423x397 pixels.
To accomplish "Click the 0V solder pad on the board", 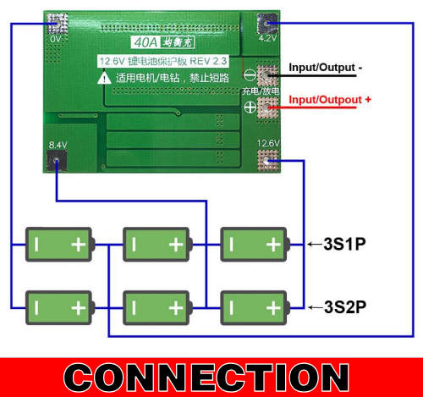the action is pos(58,24).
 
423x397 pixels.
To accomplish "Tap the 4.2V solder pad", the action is pos(267,24).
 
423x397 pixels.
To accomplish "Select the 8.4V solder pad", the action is pos(57,161).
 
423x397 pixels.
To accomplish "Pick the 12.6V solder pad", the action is pos(268,161).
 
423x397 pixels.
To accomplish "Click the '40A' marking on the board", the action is pos(146,42).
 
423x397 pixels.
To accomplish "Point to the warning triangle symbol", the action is pos(104,78).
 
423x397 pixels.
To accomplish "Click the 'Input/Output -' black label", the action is pos(325,68).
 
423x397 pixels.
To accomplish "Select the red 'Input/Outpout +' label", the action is pos(330,100).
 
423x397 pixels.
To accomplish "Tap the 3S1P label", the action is pos(344,244).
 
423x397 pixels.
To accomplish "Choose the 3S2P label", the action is pos(345,307).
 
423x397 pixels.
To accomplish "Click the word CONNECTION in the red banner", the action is pos(206,378).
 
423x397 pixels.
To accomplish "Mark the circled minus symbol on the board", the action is pos(250,75).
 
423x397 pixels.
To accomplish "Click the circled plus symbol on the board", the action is pos(250,108).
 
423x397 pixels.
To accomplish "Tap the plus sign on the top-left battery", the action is pos(79,245).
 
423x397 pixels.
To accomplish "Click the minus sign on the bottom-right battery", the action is pos(232,307).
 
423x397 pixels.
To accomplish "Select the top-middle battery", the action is pos(157,245).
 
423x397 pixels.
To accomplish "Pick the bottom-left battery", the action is pos(60,307).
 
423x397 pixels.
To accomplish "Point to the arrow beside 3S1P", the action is pos(316,245).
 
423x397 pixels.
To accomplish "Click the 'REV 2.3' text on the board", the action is pos(208,61).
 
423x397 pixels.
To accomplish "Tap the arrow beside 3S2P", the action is pos(316,307).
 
